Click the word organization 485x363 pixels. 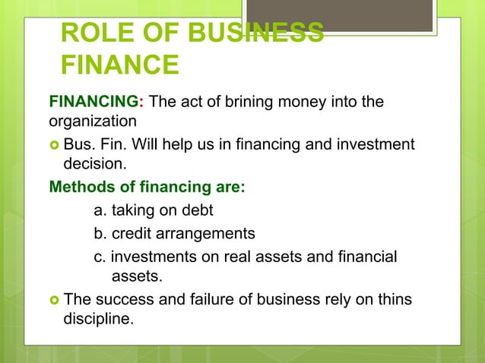click(92, 122)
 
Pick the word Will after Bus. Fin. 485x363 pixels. click(171, 144)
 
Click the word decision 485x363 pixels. click(94, 163)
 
